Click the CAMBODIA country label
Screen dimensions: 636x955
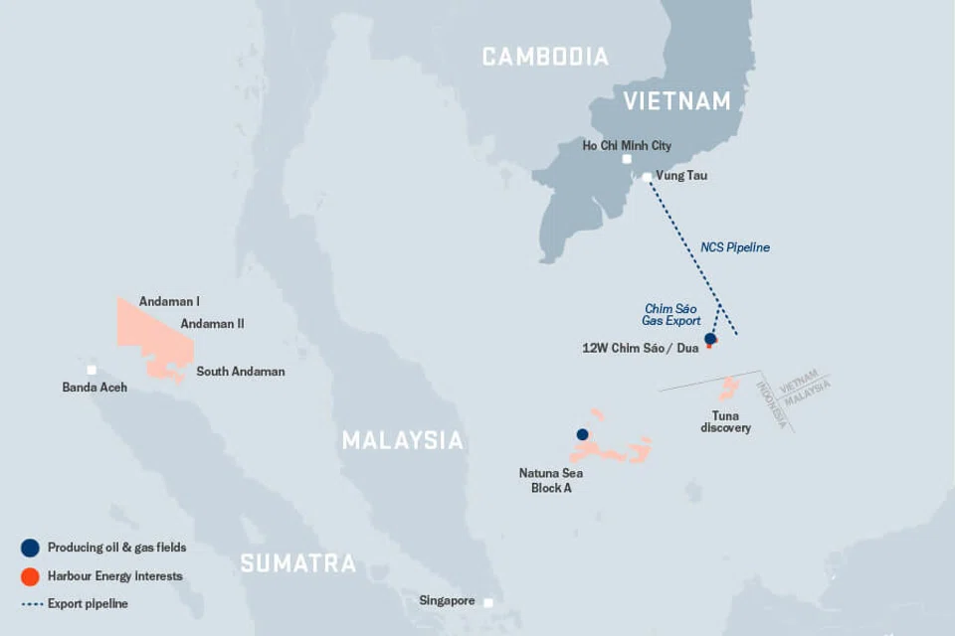(x=545, y=57)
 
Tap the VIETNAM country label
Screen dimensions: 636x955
(x=676, y=100)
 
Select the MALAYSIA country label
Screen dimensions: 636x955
(x=403, y=440)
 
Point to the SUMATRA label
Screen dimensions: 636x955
(x=297, y=563)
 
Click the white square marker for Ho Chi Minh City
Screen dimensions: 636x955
(x=627, y=159)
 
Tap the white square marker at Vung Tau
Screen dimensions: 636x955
(x=647, y=177)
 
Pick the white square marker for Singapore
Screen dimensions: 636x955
(x=488, y=602)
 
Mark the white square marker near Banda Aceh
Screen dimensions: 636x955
(x=92, y=370)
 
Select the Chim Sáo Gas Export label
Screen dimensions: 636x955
(x=672, y=315)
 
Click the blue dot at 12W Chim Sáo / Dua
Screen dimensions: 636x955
(x=710, y=340)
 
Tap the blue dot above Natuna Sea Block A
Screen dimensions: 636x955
(x=583, y=434)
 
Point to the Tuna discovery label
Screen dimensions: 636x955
(x=725, y=421)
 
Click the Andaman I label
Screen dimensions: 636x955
(x=169, y=301)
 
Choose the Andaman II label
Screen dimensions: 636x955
(x=212, y=323)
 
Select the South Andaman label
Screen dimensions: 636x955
(x=240, y=372)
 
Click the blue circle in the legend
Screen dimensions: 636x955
(x=30, y=548)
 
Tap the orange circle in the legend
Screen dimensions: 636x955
(x=30, y=575)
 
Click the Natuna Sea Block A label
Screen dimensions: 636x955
(x=545, y=481)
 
